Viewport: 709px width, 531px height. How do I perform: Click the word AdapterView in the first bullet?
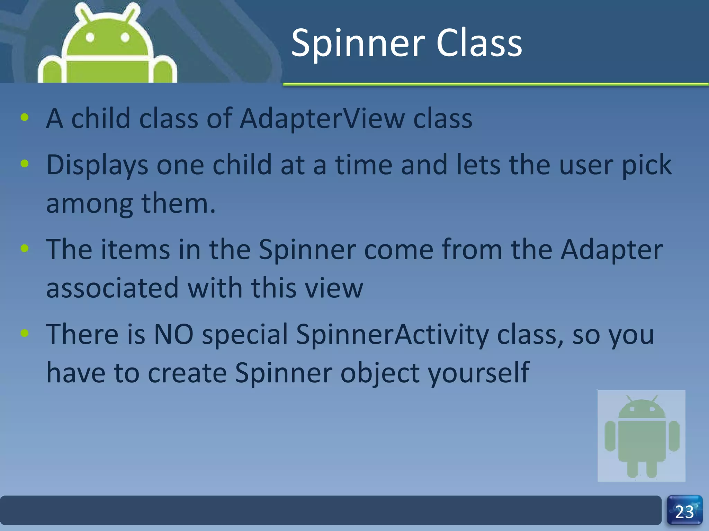coord(322,119)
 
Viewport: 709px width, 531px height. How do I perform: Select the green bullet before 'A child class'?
coord(25,117)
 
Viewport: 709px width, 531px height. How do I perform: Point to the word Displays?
coord(97,165)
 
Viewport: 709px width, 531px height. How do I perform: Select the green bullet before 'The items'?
coord(25,248)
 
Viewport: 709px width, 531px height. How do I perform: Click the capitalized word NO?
coord(173,334)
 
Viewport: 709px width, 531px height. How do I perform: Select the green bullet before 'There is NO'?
coord(25,333)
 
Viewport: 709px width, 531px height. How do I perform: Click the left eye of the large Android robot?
coord(90,37)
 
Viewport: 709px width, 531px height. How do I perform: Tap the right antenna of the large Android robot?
coord(133,13)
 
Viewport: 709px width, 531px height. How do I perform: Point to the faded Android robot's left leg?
coord(632,468)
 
